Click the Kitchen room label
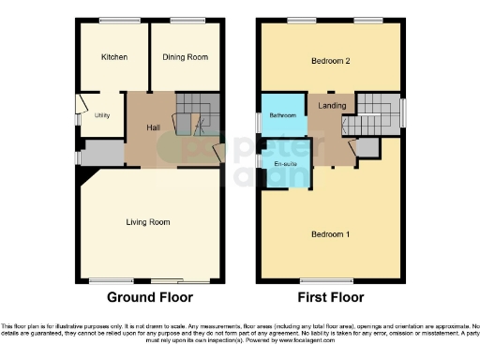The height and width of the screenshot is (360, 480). click(114, 57)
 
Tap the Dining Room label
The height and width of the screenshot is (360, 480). click(186, 57)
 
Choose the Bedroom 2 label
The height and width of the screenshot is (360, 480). click(331, 62)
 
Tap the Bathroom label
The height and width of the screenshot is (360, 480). click(283, 115)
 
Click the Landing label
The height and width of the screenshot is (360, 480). click(332, 106)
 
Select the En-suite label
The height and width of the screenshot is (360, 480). click(285, 164)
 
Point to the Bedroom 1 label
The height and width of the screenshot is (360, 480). click(331, 233)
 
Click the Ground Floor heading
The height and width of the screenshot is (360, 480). click(150, 297)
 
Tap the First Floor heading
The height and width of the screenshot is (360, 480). click(332, 297)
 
